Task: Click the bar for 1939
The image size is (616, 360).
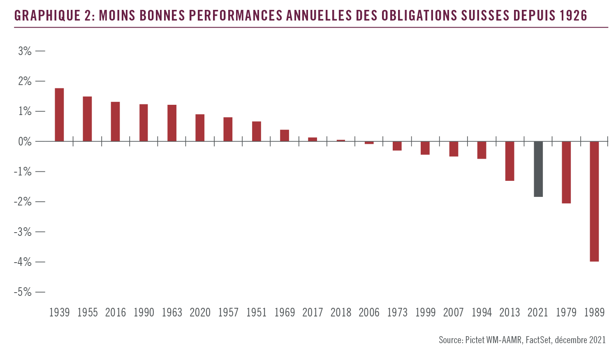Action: click(x=59, y=115)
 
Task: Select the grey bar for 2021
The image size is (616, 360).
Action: click(x=538, y=169)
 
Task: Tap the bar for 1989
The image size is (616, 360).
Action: click(x=594, y=201)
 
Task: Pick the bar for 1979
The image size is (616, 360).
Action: click(x=566, y=172)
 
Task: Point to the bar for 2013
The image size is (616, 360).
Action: click(x=510, y=161)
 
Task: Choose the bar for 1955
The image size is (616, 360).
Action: click(x=87, y=119)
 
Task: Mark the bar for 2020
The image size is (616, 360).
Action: click(x=200, y=128)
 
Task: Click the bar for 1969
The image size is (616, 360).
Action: click(x=285, y=136)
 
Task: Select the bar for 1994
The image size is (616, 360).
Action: click(x=482, y=150)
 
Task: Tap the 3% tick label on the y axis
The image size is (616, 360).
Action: click(x=24, y=51)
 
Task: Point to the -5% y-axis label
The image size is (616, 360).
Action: click(x=23, y=292)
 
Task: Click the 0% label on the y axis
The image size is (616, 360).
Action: click(x=24, y=142)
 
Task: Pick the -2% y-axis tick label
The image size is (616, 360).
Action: click(x=23, y=202)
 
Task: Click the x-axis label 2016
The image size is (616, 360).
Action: click(x=116, y=313)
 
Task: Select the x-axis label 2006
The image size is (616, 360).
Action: click(x=369, y=313)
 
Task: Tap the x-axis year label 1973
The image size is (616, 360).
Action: click(x=397, y=313)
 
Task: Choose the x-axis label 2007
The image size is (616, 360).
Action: click(x=454, y=313)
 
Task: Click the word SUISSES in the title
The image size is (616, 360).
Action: click(x=486, y=16)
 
